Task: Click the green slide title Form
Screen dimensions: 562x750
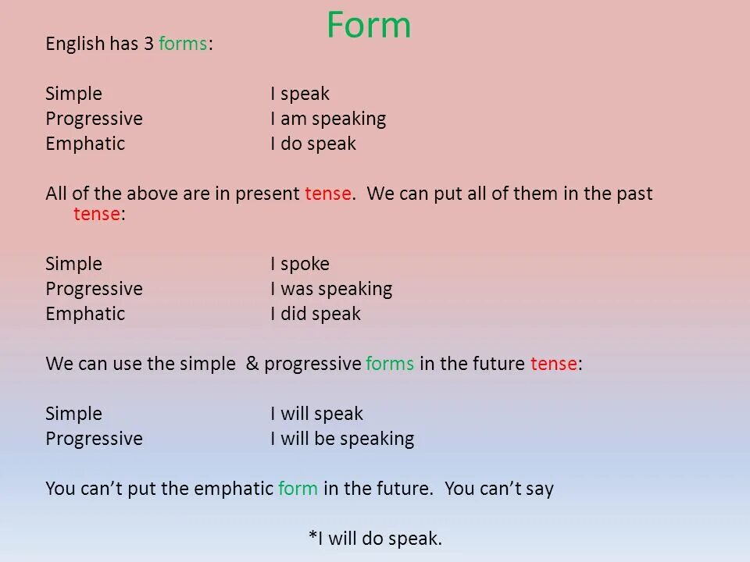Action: click(x=368, y=25)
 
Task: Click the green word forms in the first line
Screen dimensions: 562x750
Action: click(x=183, y=44)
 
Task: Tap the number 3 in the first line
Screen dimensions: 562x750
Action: click(x=148, y=44)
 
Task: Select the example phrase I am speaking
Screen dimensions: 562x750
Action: click(x=328, y=119)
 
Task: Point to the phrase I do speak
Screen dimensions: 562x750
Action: click(x=312, y=144)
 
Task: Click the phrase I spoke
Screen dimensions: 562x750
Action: click(x=299, y=264)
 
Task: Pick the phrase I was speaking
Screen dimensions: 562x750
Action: click(x=331, y=289)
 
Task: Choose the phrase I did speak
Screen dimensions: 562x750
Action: click(x=315, y=314)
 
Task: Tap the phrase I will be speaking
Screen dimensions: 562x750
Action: click(x=342, y=439)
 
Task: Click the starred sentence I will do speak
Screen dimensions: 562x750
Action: click(x=375, y=538)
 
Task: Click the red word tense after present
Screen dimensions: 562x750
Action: click(x=328, y=194)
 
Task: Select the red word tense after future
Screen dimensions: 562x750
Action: click(x=554, y=364)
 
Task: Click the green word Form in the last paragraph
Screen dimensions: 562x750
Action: click(x=298, y=489)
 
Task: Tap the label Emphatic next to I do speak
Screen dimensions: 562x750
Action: click(x=85, y=144)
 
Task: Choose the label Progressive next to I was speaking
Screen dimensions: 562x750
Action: click(x=94, y=289)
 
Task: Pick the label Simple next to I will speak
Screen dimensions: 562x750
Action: click(x=73, y=414)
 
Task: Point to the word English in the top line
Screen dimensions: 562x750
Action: click(x=75, y=44)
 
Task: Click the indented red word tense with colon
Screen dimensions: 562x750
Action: click(x=98, y=215)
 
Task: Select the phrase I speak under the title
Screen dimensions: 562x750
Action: click(x=299, y=94)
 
